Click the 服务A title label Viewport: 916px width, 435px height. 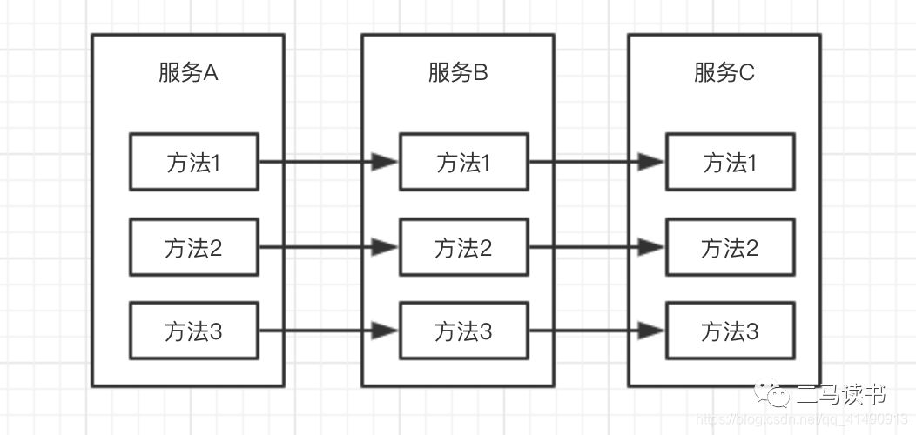(187, 73)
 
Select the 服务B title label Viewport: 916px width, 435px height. (457, 73)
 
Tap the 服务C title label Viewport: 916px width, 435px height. (724, 73)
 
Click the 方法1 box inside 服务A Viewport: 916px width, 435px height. (194, 162)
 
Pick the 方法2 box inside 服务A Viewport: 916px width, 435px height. (194, 248)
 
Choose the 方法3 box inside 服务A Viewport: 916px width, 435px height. (194, 331)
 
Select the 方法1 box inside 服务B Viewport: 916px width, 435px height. (463, 162)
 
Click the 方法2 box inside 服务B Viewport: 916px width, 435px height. (463, 248)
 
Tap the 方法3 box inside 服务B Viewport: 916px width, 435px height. (463, 331)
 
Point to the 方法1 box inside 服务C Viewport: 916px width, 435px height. (730, 162)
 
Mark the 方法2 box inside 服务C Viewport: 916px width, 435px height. (730, 248)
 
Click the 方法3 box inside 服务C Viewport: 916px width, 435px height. (730, 331)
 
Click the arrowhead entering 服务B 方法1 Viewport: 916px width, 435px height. (385, 162)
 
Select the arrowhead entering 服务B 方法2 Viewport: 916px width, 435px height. (385, 248)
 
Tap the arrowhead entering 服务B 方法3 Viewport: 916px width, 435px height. (385, 331)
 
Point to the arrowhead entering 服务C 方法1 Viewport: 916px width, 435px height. (651, 162)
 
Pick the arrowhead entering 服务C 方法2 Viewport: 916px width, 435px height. (651, 248)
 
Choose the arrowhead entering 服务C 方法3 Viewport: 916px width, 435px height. (651, 331)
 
